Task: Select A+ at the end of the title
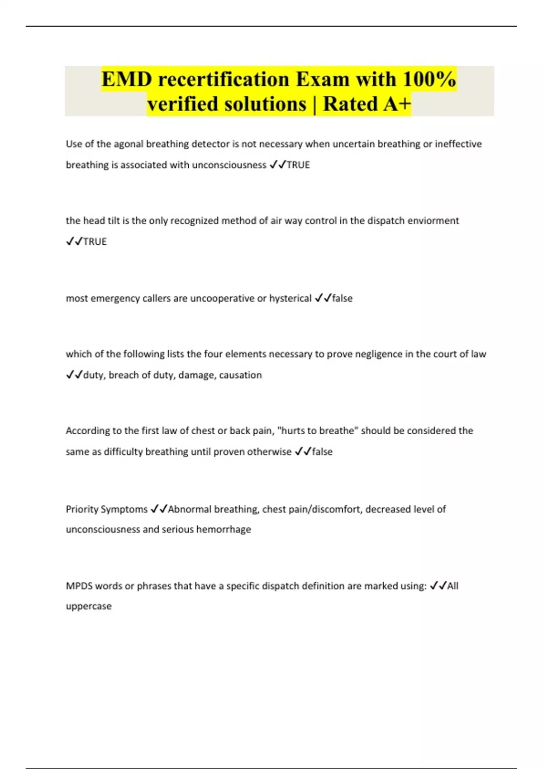pos(397,104)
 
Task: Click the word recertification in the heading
pos(224,79)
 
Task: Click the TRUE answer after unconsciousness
pos(298,165)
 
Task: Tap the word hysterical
pos(290,299)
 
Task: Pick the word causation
pos(240,375)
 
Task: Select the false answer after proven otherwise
pos(322,452)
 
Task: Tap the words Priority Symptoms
pos(107,509)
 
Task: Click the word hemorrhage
pos(224,529)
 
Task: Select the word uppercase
pos(89,606)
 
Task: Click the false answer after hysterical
pos(342,299)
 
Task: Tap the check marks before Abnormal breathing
pos(159,509)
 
